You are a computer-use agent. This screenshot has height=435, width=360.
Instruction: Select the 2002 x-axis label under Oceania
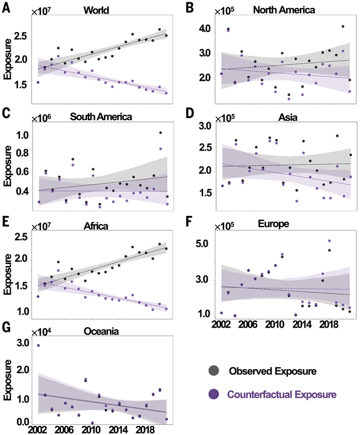(x=38, y=429)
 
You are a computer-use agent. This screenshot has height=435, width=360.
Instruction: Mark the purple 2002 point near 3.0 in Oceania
(x=38, y=346)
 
